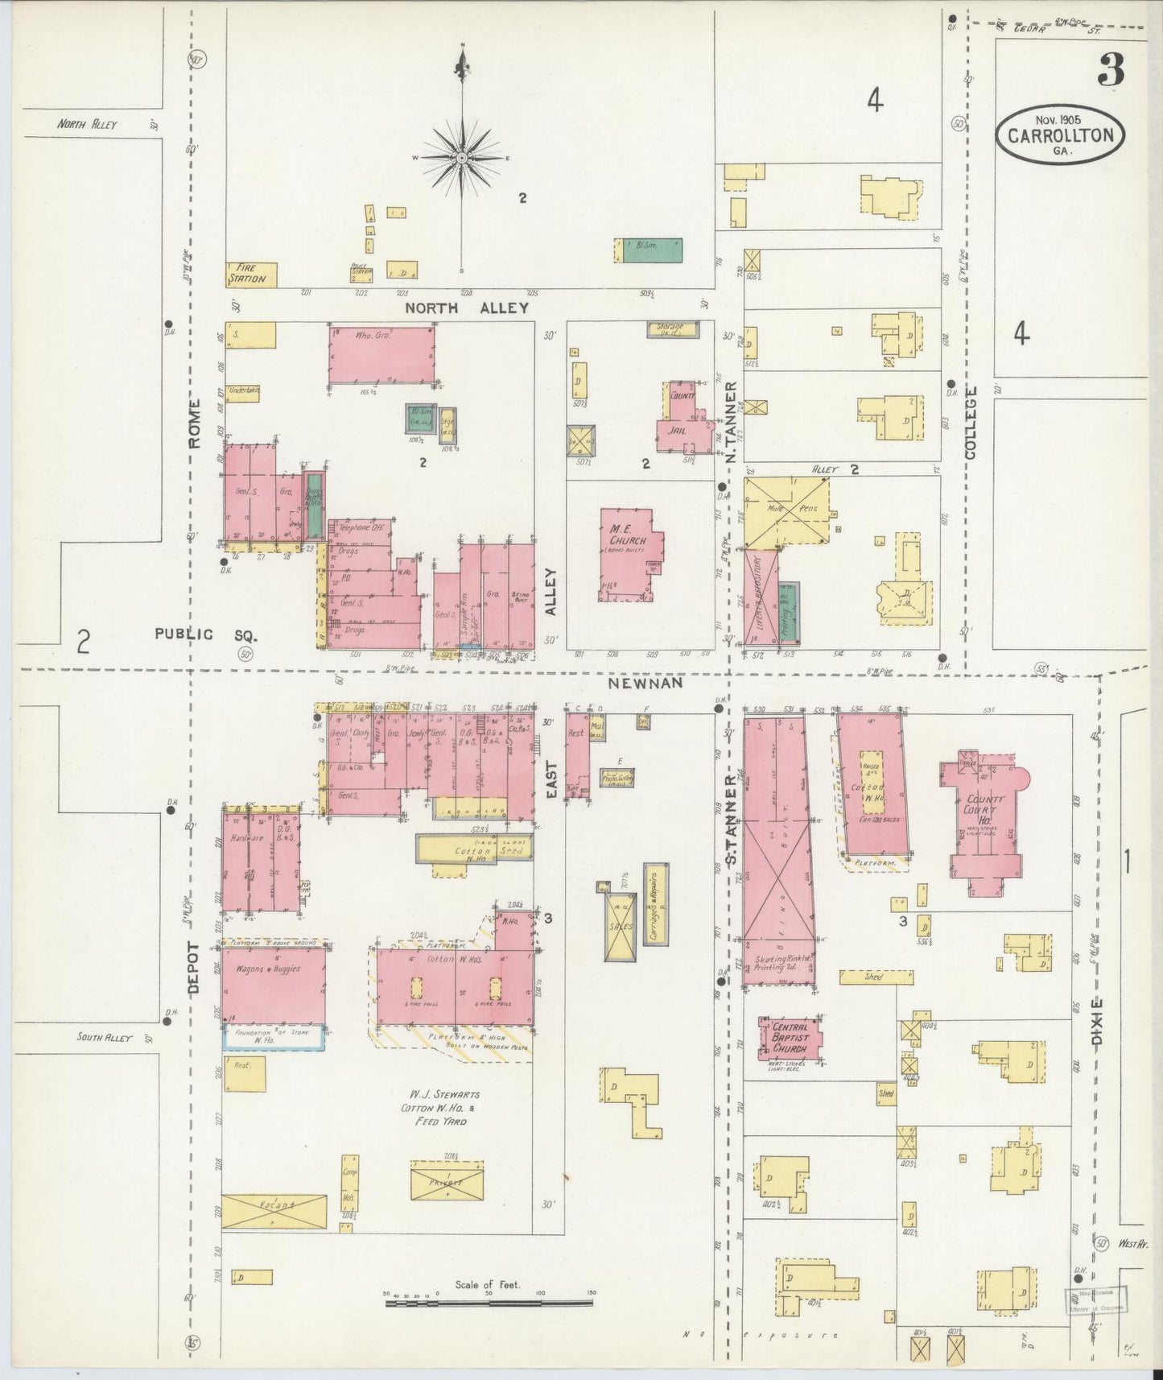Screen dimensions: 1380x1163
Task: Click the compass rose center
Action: (x=462, y=159)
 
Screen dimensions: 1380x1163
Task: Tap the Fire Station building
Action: (x=251, y=275)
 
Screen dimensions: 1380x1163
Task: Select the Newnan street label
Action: (x=645, y=683)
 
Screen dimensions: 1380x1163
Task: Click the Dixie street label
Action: (x=1098, y=1022)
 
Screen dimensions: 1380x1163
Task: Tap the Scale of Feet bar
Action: (x=489, y=1301)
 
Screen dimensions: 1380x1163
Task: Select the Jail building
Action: (x=678, y=429)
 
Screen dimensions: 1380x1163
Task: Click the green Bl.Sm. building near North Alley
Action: (x=649, y=250)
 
